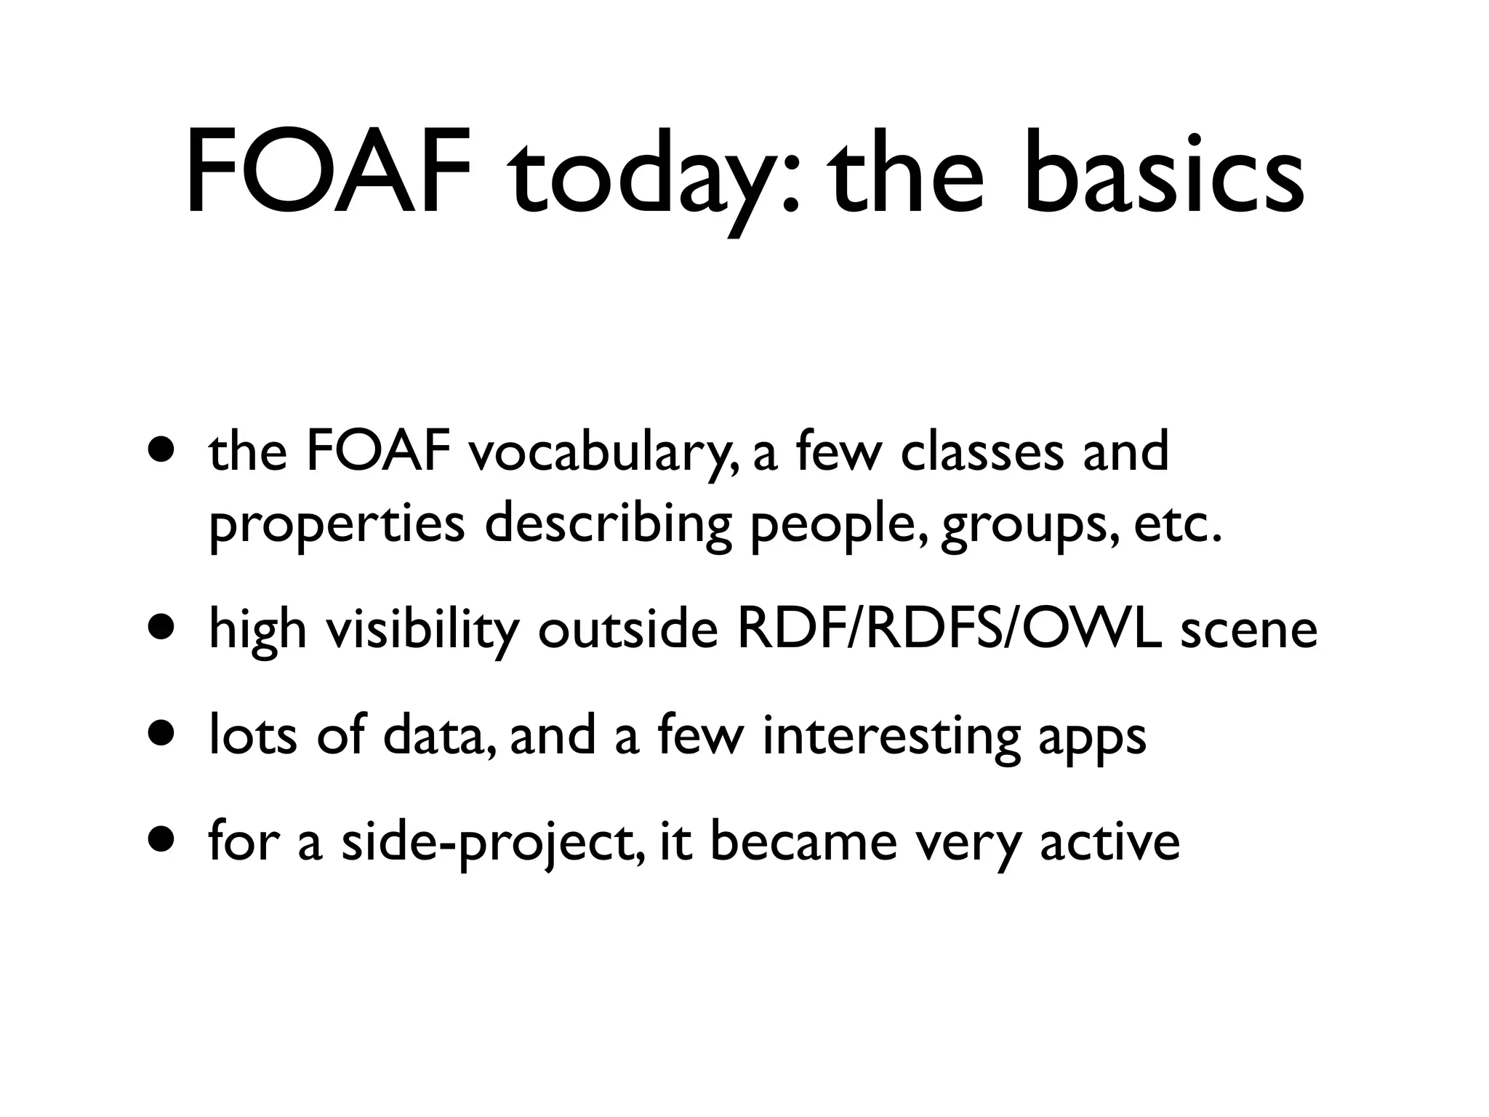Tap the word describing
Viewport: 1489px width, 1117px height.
pos(609,525)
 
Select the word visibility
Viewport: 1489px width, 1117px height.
pos(422,630)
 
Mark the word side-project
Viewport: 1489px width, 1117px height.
pos(491,844)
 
